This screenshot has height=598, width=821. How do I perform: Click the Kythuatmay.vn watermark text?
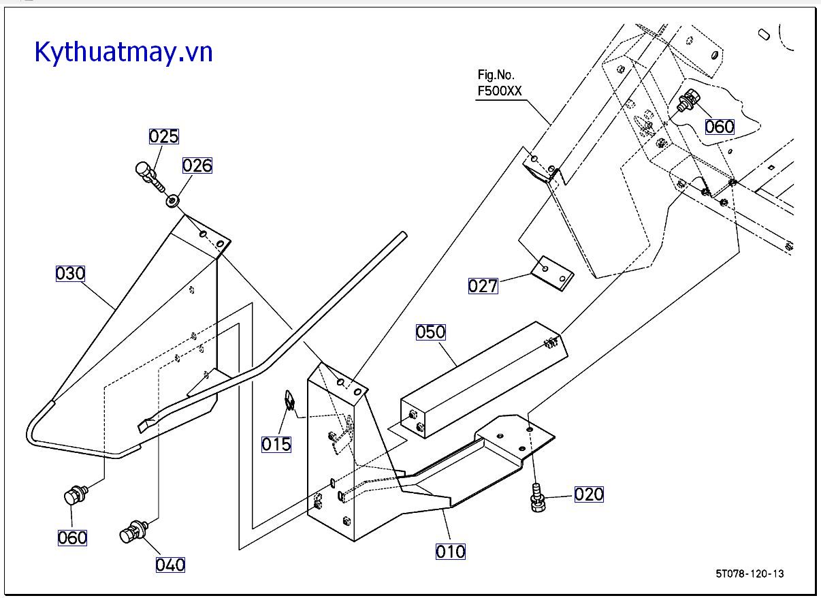tap(123, 52)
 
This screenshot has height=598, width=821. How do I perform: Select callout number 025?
tap(164, 136)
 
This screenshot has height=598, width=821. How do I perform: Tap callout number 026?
tap(197, 166)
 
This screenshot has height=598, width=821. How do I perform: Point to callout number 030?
tap(70, 274)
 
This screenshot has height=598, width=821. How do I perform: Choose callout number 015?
tap(276, 444)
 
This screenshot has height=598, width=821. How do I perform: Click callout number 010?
tap(451, 551)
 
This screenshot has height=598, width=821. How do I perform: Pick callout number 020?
tap(589, 494)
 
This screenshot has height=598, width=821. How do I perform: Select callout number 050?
tap(431, 332)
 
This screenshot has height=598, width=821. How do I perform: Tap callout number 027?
tap(483, 286)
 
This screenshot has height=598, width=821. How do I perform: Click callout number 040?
tap(170, 565)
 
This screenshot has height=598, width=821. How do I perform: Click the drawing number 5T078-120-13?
tap(750, 573)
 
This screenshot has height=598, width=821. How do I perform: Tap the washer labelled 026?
tap(174, 201)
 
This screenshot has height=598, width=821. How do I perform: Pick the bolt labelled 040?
tap(135, 531)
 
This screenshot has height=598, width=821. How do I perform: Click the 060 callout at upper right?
tap(720, 127)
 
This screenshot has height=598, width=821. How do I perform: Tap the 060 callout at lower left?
tap(72, 537)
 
